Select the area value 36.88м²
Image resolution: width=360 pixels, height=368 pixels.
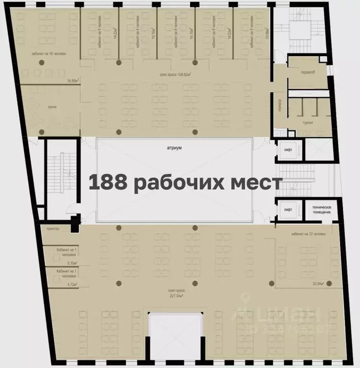(72, 81)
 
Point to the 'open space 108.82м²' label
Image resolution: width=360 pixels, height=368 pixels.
(175, 75)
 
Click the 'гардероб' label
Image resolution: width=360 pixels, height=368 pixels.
(308, 72)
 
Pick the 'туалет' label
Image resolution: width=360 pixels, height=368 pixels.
(308, 122)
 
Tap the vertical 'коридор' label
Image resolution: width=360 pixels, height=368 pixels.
(279, 105)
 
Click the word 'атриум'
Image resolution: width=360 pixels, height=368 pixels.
(174, 149)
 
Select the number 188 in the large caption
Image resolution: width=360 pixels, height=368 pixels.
(108, 183)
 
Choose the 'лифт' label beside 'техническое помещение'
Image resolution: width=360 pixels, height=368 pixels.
(288, 209)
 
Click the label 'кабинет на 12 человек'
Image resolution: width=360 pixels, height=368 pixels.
(308, 234)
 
